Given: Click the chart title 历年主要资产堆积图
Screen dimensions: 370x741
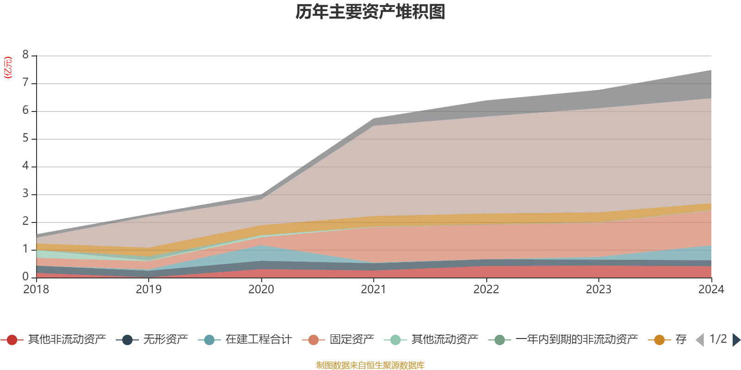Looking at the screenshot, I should pos(370,12).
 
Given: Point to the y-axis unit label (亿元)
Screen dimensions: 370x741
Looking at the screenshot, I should pos(8,68).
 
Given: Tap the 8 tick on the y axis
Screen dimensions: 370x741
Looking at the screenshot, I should pos(25,55).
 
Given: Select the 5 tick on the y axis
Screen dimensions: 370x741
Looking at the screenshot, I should pos(25,138).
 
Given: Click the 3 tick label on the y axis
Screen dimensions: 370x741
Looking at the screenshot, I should pos(25,194).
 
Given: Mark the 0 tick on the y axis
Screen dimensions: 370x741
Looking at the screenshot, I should pos(25,277).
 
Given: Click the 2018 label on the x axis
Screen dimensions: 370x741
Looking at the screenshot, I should pos(36,290).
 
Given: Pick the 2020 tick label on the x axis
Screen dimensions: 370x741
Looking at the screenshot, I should pos(261,290).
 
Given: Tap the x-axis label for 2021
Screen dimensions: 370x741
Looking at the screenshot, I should pos(374,290).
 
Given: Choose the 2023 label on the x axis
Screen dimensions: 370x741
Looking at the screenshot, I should pos(598,290).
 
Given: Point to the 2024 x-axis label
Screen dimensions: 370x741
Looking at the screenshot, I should pos(711,290).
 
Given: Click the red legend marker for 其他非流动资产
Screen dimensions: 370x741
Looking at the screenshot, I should pos(12,340).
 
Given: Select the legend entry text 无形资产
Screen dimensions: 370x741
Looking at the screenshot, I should pos(165,340).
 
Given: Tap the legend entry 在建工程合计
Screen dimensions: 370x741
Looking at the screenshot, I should pos(258,340).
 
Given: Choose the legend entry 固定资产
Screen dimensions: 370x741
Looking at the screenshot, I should pos(352,340).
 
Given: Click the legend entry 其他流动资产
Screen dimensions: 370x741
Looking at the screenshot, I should pos(445,340).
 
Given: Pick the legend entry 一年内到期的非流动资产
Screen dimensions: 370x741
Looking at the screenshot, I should pos(577,340).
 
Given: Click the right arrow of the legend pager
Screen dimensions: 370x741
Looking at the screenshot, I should pos(736,340).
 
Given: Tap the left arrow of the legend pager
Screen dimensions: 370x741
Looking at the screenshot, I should pos(700,340).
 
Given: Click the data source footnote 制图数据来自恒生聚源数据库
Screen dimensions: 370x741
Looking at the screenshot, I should pos(370,365).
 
